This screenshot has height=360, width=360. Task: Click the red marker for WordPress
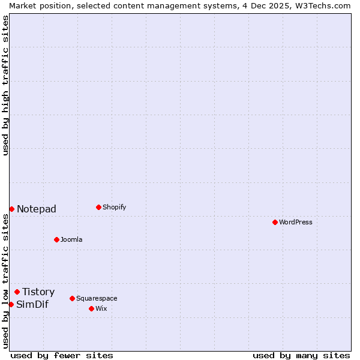tap(275, 222)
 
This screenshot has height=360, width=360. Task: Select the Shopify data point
tap(98, 207)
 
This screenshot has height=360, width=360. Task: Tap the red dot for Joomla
tap(56, 239)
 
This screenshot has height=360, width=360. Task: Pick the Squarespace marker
tap(72, 298)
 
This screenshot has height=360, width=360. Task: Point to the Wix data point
tap(91, 308)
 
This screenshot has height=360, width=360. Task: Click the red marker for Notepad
tap(11, 209)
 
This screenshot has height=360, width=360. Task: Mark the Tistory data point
tap(17, 292)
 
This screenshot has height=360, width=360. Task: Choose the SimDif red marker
tap(11, 304)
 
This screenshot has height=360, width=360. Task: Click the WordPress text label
tap(296, 222)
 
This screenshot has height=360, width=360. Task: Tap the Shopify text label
tap(114, 207)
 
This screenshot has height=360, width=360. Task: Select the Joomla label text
tap(71, 239)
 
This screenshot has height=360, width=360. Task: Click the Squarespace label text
tap(97, 298)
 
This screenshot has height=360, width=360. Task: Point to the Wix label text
tap(101, 308)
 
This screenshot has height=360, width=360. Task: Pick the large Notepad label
tap(37, 209)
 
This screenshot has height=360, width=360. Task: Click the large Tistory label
tap(38, 292)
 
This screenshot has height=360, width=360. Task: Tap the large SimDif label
tap(32, 304)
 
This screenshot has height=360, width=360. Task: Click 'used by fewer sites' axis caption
tap(62, 355)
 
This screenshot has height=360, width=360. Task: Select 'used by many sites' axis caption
tap(301, 355)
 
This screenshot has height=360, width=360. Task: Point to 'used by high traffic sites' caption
tap(5, 85)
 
